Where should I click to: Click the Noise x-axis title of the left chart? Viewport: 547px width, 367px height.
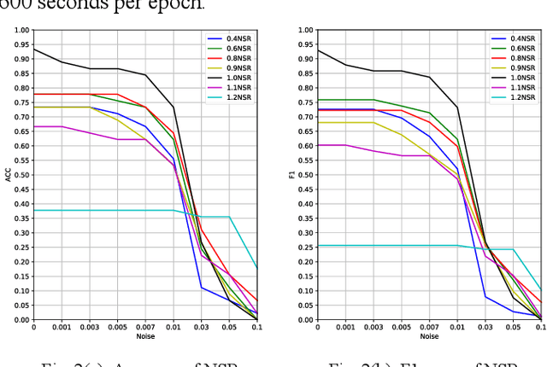click(145, 336)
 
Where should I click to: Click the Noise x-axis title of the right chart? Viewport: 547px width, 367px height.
click(429, 336)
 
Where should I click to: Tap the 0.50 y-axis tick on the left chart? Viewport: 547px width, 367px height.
click(21, 175)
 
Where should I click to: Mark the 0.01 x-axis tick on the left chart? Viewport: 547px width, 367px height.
click(174, 327)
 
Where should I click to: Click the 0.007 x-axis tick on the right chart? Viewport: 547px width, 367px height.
click(429, 327)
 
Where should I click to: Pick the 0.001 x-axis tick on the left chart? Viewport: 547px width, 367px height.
click(62, 327)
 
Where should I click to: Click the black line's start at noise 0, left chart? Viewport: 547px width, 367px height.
click(34, 49)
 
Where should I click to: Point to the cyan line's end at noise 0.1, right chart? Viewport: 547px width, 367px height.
click(541, 290)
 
